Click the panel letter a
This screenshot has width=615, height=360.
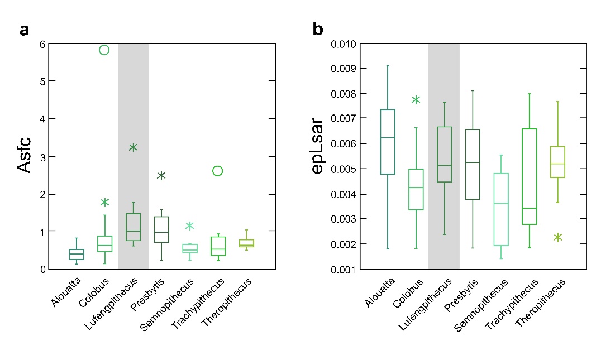point(24,30)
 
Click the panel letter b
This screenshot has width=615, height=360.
point(318,30)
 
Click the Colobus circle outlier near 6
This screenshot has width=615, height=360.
point(104,50)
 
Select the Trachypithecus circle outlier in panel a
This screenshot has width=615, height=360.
point(218,171)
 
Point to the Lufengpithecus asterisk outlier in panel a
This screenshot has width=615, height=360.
point(133,147)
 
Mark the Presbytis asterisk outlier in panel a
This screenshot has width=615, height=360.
point(161,176)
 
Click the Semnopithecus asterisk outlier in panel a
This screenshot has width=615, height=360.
point(190,226)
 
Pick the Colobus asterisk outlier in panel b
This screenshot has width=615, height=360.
point(416,100)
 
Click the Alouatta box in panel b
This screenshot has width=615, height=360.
point(388,142)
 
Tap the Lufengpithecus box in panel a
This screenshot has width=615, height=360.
point(133,227)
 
